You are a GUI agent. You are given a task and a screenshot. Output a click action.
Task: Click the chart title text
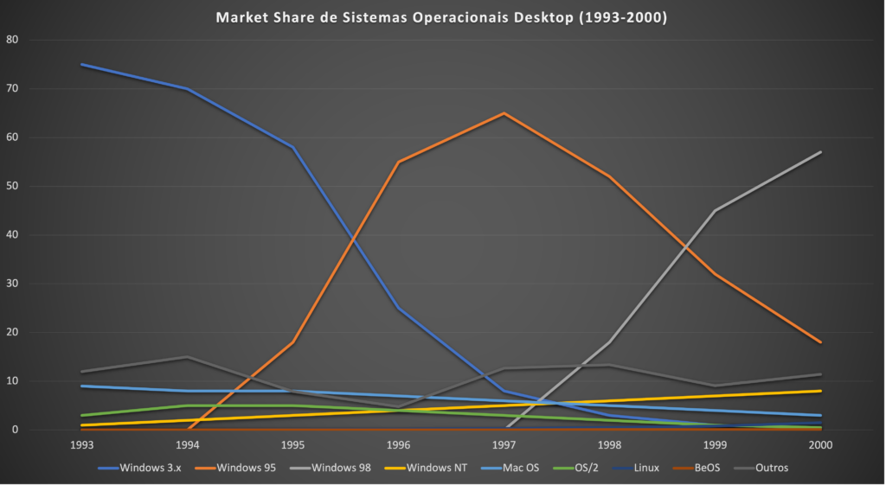[441, 17]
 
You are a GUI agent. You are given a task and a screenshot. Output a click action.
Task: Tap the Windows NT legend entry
[430, 468]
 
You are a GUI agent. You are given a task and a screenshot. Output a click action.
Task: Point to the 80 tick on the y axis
[11, 40]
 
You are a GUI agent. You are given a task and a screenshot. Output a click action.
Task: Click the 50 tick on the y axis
[11, 186]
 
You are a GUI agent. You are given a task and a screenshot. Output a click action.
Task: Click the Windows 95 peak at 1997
[504, 113]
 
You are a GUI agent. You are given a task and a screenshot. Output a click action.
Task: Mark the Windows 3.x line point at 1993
[81, 64]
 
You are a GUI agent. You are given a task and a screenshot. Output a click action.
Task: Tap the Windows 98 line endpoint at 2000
[820, 152]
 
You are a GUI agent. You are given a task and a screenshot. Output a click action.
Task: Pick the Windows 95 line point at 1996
[398, 162]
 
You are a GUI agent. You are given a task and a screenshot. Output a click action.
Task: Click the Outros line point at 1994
[187, 357]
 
